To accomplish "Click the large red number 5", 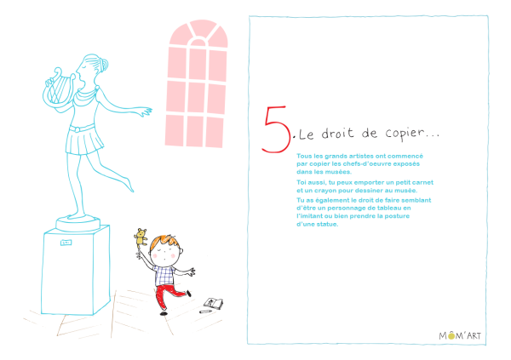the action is pos(275,129).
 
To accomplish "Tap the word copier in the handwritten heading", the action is pos(405,134).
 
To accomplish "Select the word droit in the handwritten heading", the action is pos(337,134).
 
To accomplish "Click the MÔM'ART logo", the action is pos(460,335).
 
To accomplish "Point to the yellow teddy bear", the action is pos(141,237).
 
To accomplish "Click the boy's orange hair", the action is pos(166,242).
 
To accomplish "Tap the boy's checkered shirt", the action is pos(164,276).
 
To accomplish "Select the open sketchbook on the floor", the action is pos(214,303).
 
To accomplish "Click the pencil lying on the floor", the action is pos(205,311).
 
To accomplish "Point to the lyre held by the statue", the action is pos(59,88).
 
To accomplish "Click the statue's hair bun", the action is pos(104,64).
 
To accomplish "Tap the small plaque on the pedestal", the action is pos(66,243).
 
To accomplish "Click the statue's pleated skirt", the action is pos(84,140).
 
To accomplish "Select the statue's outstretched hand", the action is pos(146,111).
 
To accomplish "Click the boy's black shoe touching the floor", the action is pos(164,313).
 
